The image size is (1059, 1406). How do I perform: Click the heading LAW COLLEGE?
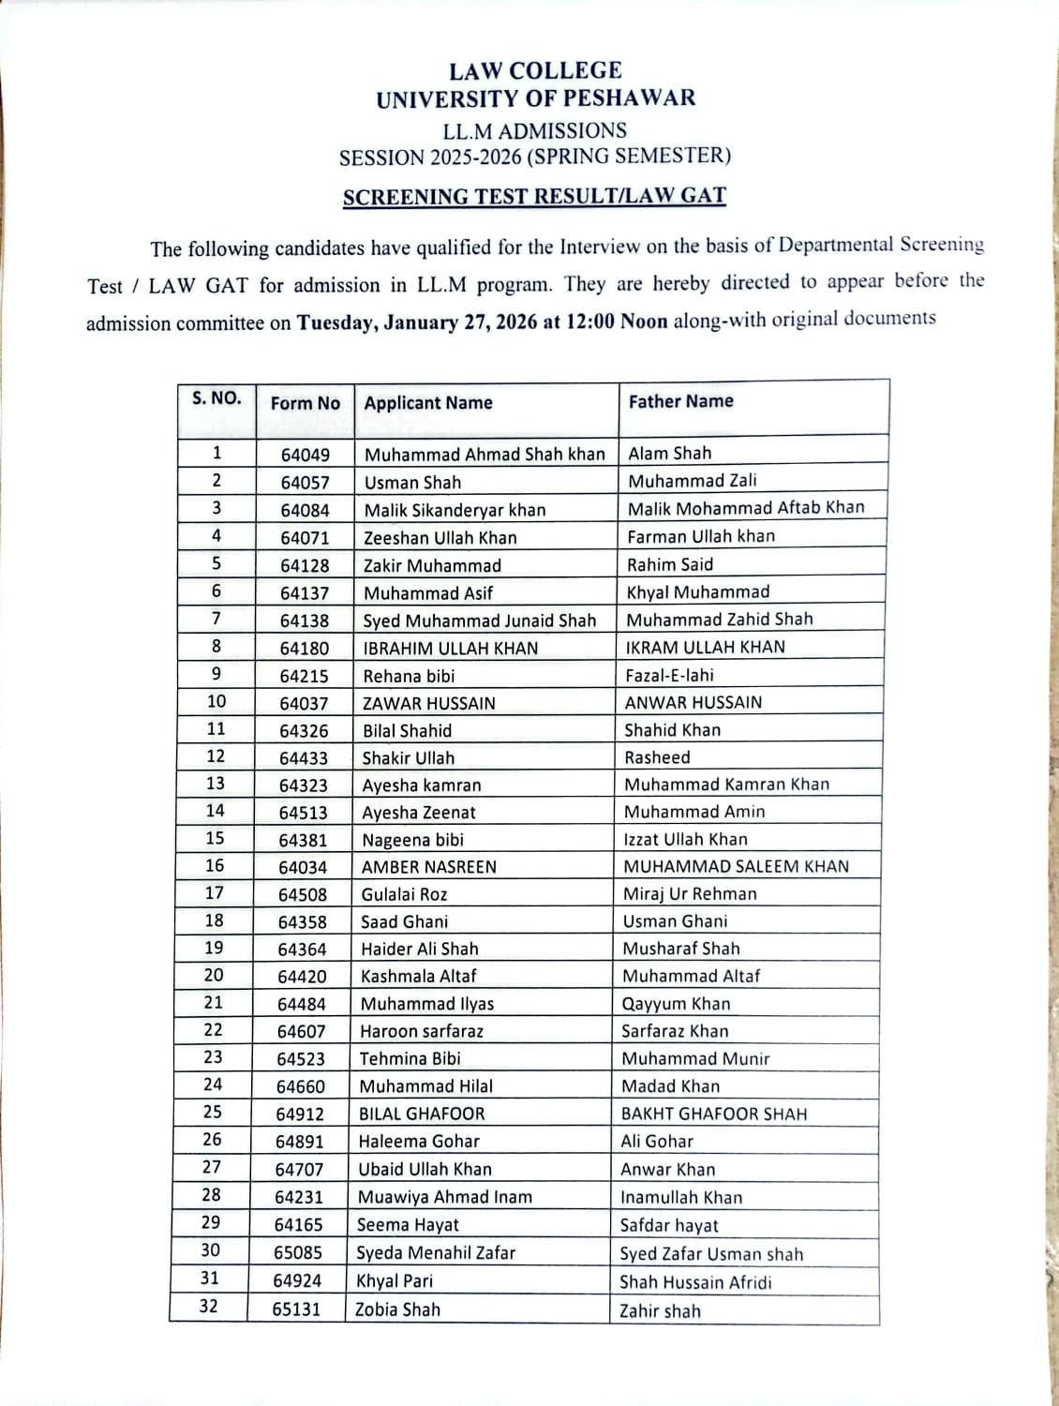click(535, 70)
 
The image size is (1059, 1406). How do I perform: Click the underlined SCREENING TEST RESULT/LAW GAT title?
click(534, 197)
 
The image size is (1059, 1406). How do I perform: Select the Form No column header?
click(306, 403)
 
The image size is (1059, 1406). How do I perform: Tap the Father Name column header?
click(681, 401)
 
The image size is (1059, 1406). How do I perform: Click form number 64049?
click(306, 455)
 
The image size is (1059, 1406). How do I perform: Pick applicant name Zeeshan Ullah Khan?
click(440, 538)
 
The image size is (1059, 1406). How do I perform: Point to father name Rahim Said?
click(670, 564)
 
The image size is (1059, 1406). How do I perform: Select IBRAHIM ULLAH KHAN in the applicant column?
click(451, 648)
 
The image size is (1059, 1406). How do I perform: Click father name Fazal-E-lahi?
click(670, 675)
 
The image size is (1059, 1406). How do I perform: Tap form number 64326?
click(304, 731)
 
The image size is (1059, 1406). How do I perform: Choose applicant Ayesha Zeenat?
click(419, 813)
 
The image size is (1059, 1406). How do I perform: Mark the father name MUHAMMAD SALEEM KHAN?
click(737, 866)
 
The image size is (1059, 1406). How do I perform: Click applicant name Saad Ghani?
click(405, 922)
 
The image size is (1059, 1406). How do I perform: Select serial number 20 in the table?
click(214, 975)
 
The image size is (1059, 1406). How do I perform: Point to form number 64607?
click(302, 1032)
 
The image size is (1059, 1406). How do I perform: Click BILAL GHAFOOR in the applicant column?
click(423, 1114)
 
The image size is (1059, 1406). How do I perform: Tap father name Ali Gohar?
click(657, 1142)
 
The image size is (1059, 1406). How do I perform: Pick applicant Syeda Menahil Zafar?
click(436, 1253)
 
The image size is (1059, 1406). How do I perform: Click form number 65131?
click(297, 1309)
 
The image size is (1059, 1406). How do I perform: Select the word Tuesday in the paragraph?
click(337, 322)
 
